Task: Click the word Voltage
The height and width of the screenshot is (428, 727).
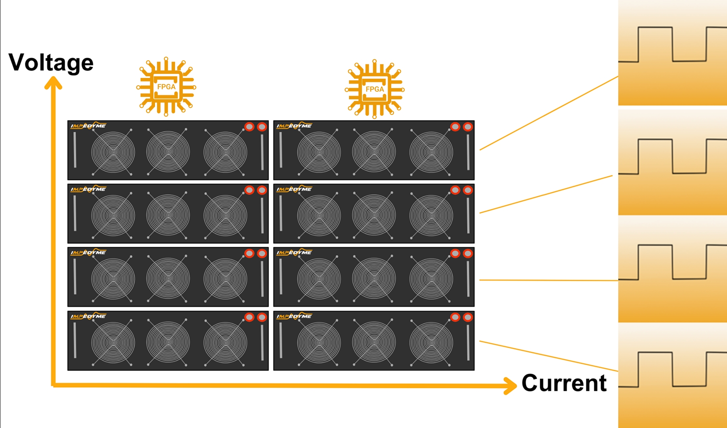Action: tap(51, 63)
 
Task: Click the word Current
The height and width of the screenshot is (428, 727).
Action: tap(564, 383)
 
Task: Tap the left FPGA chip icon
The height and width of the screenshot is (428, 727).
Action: tap(166, 87)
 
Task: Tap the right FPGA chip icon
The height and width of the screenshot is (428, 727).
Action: tap(374, 89)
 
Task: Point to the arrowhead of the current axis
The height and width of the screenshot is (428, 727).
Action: tap(510, 385)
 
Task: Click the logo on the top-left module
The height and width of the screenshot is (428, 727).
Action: tap(88, 126)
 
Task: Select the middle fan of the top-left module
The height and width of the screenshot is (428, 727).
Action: tap(168, 152)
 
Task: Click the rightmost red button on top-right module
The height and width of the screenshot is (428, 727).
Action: tap(468, 127)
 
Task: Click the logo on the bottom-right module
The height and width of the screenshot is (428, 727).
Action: tap(294, 316)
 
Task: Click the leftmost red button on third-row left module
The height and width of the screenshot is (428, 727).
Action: tap(249, 253)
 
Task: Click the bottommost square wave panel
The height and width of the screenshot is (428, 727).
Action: tap(672, 376)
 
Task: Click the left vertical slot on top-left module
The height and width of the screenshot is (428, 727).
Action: tap(75, 150)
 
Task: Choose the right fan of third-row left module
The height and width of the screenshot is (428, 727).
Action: tap(225, 279)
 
